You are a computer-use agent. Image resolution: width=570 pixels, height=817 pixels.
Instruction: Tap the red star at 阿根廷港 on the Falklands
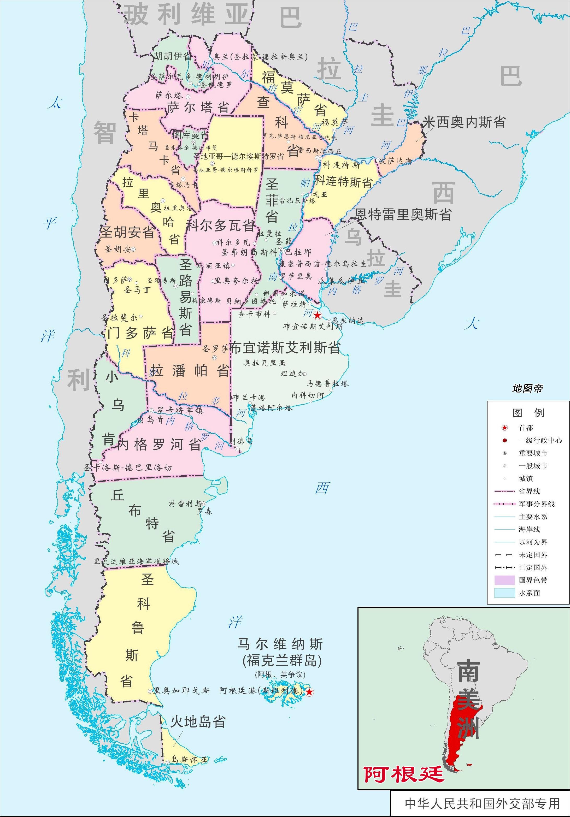[310, 692]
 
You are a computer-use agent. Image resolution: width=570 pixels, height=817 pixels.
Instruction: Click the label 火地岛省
[198, 722]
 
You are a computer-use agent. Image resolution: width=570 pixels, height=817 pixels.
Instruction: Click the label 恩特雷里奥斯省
[403, 215]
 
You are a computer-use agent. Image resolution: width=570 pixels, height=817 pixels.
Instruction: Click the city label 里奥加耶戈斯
[181, 691]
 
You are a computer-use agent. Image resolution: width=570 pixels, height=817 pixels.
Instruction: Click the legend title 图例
[528, 413]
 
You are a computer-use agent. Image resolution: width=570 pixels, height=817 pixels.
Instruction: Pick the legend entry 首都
[526, 428]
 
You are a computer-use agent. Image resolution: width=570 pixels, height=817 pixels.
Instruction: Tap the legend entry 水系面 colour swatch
[504, 593]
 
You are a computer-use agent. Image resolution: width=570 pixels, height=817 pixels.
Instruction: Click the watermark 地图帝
[528, 389]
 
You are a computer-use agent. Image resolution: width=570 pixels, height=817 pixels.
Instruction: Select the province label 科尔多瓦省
[221, 226]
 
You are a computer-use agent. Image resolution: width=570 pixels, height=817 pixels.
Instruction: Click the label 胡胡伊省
[173, 56]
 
